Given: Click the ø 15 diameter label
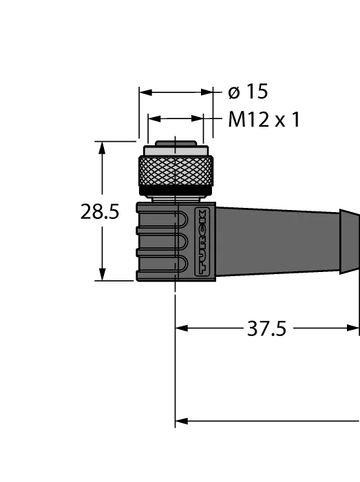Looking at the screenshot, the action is [x=248, y=92].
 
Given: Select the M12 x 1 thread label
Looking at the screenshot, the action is [x=264, y=119].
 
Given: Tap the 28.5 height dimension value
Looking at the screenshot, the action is [x=100, y=212].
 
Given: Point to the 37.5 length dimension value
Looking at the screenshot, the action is [x=266, y=328].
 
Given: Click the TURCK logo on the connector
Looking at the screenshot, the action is [x=202, y=242].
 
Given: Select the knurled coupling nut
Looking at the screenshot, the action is [x=176, y=171].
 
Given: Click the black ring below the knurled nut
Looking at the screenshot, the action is [x=176, y=191].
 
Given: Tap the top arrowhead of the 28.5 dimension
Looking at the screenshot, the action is [x=102, y=147].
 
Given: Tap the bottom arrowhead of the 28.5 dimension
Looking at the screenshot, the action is [x=102, y=274].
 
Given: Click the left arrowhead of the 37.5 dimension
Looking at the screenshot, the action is [x=182, y=328].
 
